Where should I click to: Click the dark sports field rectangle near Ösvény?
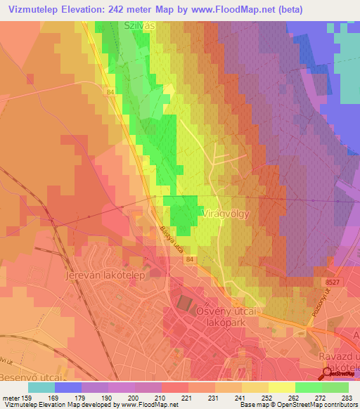click(184, 303)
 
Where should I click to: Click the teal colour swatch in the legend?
click(41, 387)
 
